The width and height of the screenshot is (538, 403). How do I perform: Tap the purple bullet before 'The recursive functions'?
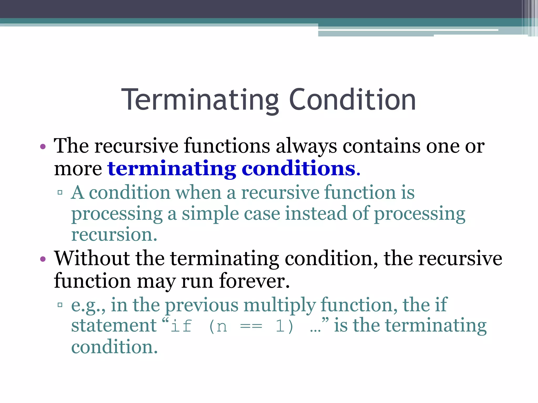click(x=43, y=147)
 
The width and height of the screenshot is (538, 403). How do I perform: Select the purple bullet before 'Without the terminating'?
click(x=43, y=259)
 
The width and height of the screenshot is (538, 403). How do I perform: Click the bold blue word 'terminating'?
click(x=172, y=168)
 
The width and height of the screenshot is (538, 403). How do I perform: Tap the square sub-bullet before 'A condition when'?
click(x=60, y=193)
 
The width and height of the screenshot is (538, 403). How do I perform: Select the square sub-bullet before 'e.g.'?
click(x=60, y=305)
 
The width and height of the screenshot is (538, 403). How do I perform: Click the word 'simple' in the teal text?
click(x=210, y=214)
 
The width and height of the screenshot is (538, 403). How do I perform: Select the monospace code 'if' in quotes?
click(x=181, y=326)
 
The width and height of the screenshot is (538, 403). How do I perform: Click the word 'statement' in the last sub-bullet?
click(x=114, y=326)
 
